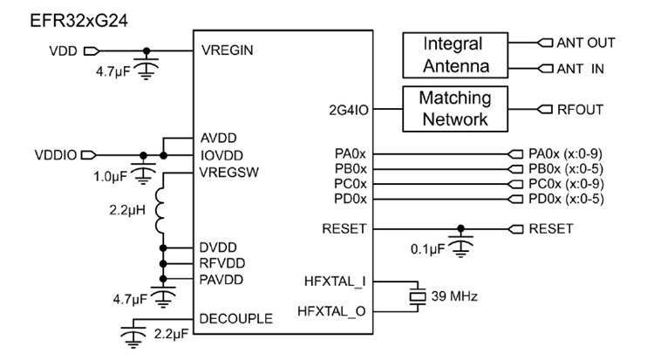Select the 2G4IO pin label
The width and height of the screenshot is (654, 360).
344,110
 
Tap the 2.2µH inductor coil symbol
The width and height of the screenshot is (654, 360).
160,212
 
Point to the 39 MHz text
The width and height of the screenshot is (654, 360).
455,297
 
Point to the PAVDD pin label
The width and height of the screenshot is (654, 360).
221,279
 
